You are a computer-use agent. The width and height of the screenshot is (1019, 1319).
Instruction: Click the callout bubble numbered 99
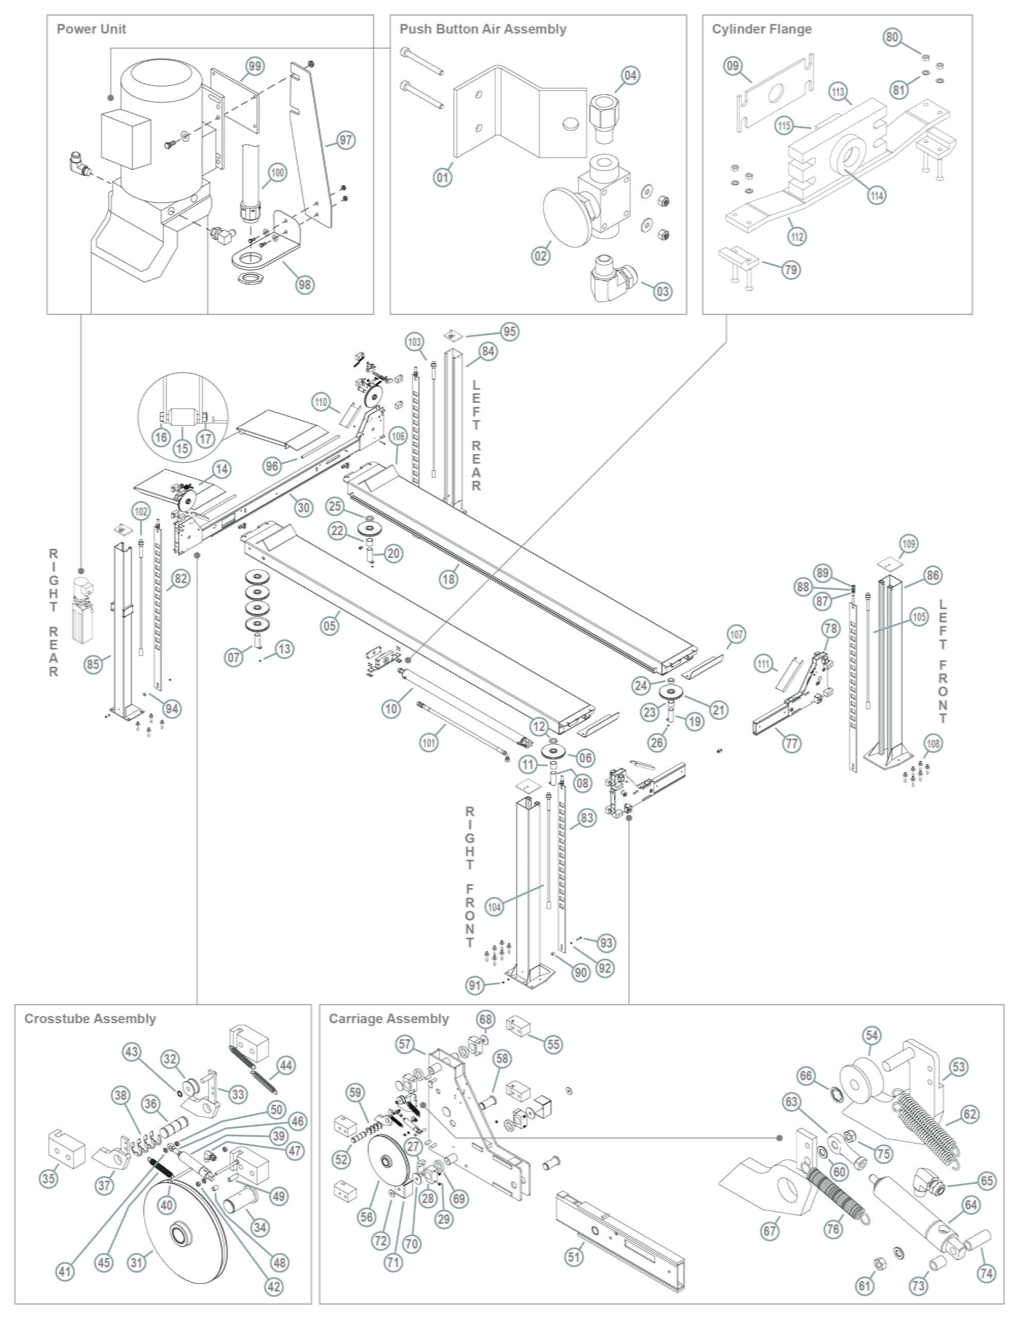(x=255, y=66)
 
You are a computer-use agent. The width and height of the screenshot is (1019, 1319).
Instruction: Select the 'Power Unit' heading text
(x=91, y=29)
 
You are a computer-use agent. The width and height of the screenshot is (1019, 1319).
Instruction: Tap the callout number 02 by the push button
(x=540, y=256)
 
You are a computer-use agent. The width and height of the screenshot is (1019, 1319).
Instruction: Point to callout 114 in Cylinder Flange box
(x=876, y=195)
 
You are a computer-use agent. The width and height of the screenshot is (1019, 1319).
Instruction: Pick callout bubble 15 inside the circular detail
(x=182, y=448)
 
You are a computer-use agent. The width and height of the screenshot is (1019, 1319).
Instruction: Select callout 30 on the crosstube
(x=303, y=508)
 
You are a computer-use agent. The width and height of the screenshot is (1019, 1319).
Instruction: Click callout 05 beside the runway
(x=329, y=625)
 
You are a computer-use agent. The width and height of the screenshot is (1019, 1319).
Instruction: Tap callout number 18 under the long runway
(x=448, y=579)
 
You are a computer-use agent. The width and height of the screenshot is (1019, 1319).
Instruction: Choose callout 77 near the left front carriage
(x=792, y=742)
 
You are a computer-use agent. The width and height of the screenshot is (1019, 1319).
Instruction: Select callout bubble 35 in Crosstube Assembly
(x=49, y=1178)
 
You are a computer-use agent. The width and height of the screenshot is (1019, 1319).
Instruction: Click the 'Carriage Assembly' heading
(x=388, y=1019)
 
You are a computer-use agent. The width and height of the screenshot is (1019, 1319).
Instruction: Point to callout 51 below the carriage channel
(x=573, y=1257)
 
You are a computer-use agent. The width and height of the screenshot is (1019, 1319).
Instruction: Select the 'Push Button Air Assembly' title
(x=483, y=29)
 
